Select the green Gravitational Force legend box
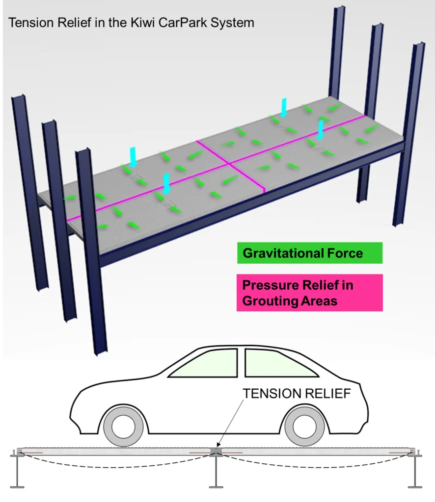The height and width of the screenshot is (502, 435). click(309, 253)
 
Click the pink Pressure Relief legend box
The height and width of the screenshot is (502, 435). click(310, 293)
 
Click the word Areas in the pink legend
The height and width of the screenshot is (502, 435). click(319, 301)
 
